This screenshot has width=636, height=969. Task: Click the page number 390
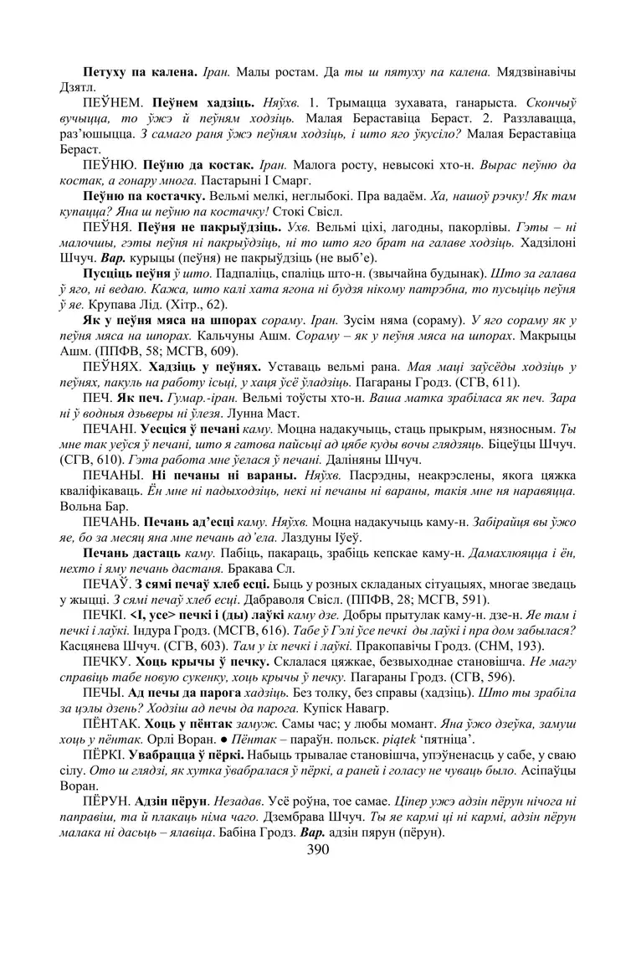(x=318, y=849)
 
